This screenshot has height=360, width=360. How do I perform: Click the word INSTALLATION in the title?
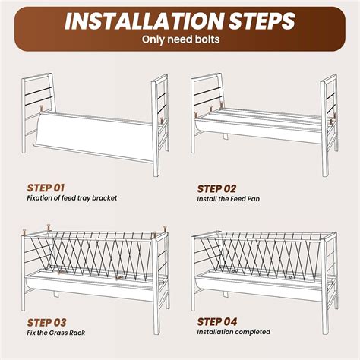click(x=144, y=21)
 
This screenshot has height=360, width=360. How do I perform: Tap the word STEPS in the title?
click(x=262, y=21)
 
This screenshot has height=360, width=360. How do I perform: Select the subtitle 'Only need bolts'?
click(x=181, y=39)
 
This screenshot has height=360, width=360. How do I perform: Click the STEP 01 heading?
click(x=46, y=188)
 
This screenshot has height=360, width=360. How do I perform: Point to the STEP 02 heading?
click(x=216, y=189)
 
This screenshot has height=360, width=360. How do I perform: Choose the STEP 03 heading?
click(x=46, y=323)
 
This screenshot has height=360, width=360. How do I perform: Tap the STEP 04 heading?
click(x=217, y=322)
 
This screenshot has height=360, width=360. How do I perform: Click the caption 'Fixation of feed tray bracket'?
click(x=72, y=197)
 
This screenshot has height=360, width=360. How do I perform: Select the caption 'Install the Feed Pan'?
click(x=229, y=199)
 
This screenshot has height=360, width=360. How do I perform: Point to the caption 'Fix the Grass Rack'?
click(x=56, y=333)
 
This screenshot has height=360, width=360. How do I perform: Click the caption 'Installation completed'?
click(x=234, y=332)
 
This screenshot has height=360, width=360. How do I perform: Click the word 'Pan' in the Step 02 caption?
click(x=254, y=199)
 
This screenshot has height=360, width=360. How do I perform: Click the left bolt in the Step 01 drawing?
click(x=42, y=109)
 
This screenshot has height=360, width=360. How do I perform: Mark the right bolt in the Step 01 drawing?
click(x=162, y=120)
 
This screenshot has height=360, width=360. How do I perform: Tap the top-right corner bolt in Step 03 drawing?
click(x=165, y=229)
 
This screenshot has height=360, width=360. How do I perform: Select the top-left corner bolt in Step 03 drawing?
click(x=24, y=232)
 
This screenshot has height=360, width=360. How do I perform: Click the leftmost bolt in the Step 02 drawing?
click(x=195, y=115)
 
